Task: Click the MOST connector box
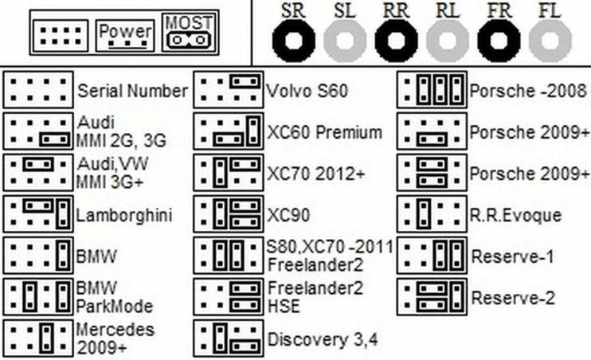pos(187,32)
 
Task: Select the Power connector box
pos(125,36)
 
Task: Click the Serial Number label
pos(132,91)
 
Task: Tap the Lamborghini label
pos(124,215)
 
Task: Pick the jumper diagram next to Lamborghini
pos(38,213)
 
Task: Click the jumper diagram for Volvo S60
pos(229,90)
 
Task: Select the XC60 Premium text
pos(324,132)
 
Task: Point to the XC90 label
pos(288,215)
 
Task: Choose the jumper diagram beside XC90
pos(229,213)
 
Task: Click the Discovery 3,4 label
pos(323,340)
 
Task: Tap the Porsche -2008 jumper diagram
pos(432,90)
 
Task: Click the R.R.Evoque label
pos(515,215)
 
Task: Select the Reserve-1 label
pos(513,256)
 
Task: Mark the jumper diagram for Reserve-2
pos(432,296)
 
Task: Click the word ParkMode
pos(115,307)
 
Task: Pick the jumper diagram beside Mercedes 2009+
pos(38,338)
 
